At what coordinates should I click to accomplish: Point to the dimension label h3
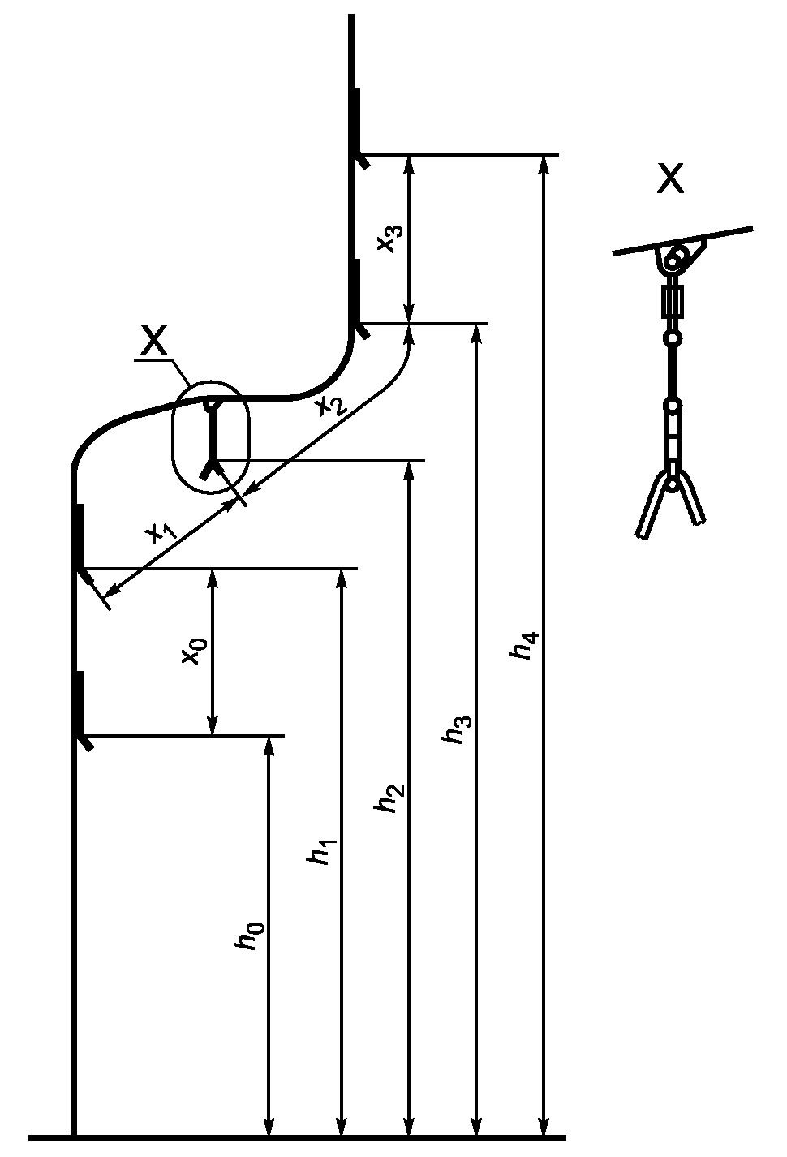pos(457,729)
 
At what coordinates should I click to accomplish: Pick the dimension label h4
pos(524,644)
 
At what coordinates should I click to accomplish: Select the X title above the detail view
pos(670,178)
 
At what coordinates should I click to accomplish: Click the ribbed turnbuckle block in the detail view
pos(673,301)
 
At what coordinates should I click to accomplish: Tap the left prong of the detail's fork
pos(652,506)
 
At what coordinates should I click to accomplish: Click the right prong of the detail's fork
pos(690,497)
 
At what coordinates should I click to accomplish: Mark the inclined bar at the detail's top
pos(682,240)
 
